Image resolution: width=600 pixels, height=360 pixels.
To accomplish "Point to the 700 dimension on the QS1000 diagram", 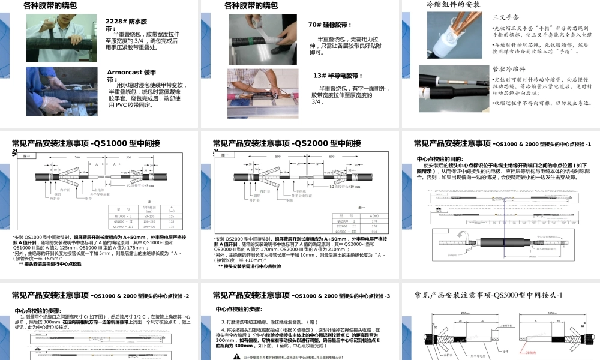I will [77, 157].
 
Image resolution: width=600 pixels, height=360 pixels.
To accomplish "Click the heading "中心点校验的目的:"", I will [444, 159].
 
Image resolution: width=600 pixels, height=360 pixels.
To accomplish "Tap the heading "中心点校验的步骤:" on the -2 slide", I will [37, 310].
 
